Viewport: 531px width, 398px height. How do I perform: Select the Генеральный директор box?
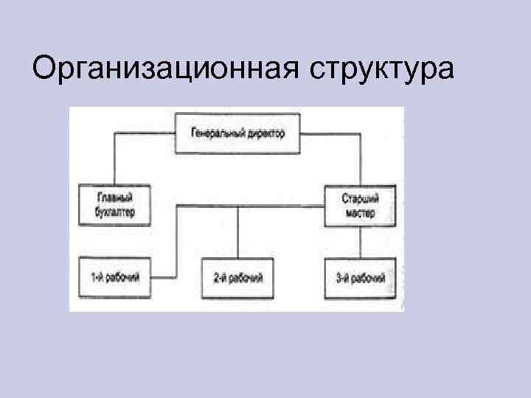pyautogui.click(x=237, y=134)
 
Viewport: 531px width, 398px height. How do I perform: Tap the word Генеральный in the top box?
pyautogui.click(x=215, y=134)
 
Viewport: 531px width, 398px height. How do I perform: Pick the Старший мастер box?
pyautogui.click(x=360, y=205)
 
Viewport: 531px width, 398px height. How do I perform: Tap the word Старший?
pyautogui.click(x=360, y=198)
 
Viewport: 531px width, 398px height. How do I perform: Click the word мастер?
pyautogui.click(x=360, y=213)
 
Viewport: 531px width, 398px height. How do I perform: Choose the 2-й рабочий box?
pyautogui.click(x=237, y=278)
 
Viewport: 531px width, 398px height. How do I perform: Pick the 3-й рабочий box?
pyautogui.click(x=360, y=278)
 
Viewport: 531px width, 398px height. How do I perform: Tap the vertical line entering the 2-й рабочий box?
pyautogui.click(x=237, y=234)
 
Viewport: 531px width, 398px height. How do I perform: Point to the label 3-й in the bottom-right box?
pyautogui.click(x=341, y=278)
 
